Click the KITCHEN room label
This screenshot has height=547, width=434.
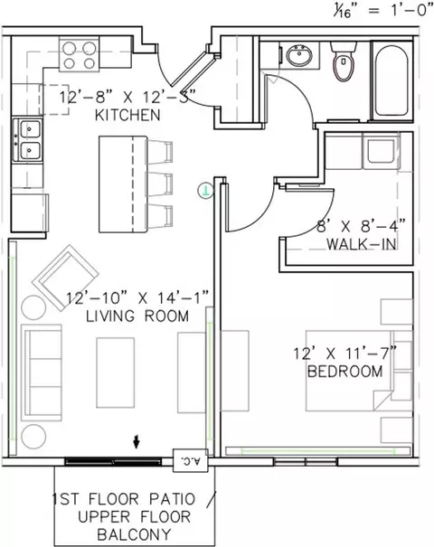[x=127, y=115]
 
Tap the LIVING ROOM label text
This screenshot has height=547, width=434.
[x=137, y=316]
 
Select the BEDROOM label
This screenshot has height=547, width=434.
[x=345, y=372]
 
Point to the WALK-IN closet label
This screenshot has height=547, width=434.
[x=362, y=244]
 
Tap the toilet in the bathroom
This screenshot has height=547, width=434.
[x=344, y=61]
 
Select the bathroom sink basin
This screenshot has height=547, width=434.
[x=298, y=55]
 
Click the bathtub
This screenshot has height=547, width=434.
[x=391, y=81]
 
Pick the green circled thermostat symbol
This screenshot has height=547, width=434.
[x=206, y=191]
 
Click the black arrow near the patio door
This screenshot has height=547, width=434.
[x=137, y=441]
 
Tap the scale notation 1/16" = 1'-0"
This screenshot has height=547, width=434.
[x=382, y=12]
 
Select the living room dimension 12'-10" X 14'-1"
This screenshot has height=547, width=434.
[x=137, y=298]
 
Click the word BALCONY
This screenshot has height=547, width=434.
[x=135, y=534]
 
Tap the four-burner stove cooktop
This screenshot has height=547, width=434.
[x=80, y=55]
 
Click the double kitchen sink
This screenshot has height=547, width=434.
[x=27, y=140]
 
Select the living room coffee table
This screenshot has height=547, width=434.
[x=116, y=373]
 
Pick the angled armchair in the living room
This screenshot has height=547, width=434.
[x=65, y=278]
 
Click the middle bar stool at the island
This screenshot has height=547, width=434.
[x=159, y=184]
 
